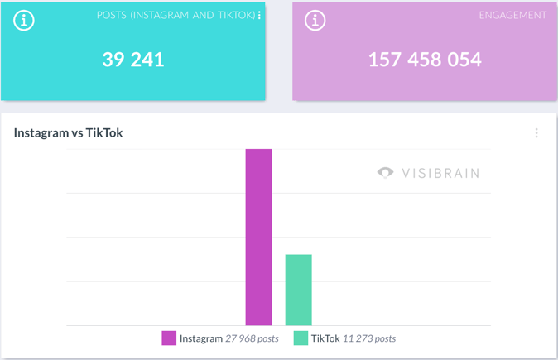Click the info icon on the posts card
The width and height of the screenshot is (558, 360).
pyautogui.click(x=24, y=21)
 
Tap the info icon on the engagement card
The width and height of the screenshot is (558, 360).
pyautogui.click(x=315, y=21)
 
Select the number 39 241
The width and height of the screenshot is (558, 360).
pyautogui.click(x=133, y=60)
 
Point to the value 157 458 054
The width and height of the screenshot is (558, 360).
pyautogui.click(x=425, y=60)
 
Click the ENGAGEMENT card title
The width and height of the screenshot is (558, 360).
pyautogui.click(x=512, y=15)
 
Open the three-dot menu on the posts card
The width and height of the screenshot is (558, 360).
pyautogui.click(x=260, y=15)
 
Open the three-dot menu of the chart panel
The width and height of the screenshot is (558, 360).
pyautogui.click(x=536, y=132)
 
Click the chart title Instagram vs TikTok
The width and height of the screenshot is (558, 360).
pyautogui.click(x=68, y=132)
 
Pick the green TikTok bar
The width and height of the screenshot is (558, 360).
pyautogui.click(x=298, y=290)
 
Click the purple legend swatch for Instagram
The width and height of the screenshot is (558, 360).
pyautogui.click(x=169, y=338)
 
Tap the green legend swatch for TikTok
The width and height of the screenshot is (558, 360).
pyautogui.click(x=301, y=338)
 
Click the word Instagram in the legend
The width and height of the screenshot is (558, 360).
pyautogui.click(x=200, y=338)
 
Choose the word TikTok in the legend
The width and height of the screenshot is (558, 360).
pyautogui.click(x=325, y=338)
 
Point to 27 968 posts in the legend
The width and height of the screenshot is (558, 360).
pyautogui.click(x=252, y=338)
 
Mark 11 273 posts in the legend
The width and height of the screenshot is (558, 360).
pyautogui.click(x=368, y=338)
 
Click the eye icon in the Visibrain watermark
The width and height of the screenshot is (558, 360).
pyautogui.click(x=385, y=173)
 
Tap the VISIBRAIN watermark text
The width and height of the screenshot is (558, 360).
pyautogui.click(x=440, y=173)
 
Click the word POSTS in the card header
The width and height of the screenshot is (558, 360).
pyautogui.click(x=111, y=15)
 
